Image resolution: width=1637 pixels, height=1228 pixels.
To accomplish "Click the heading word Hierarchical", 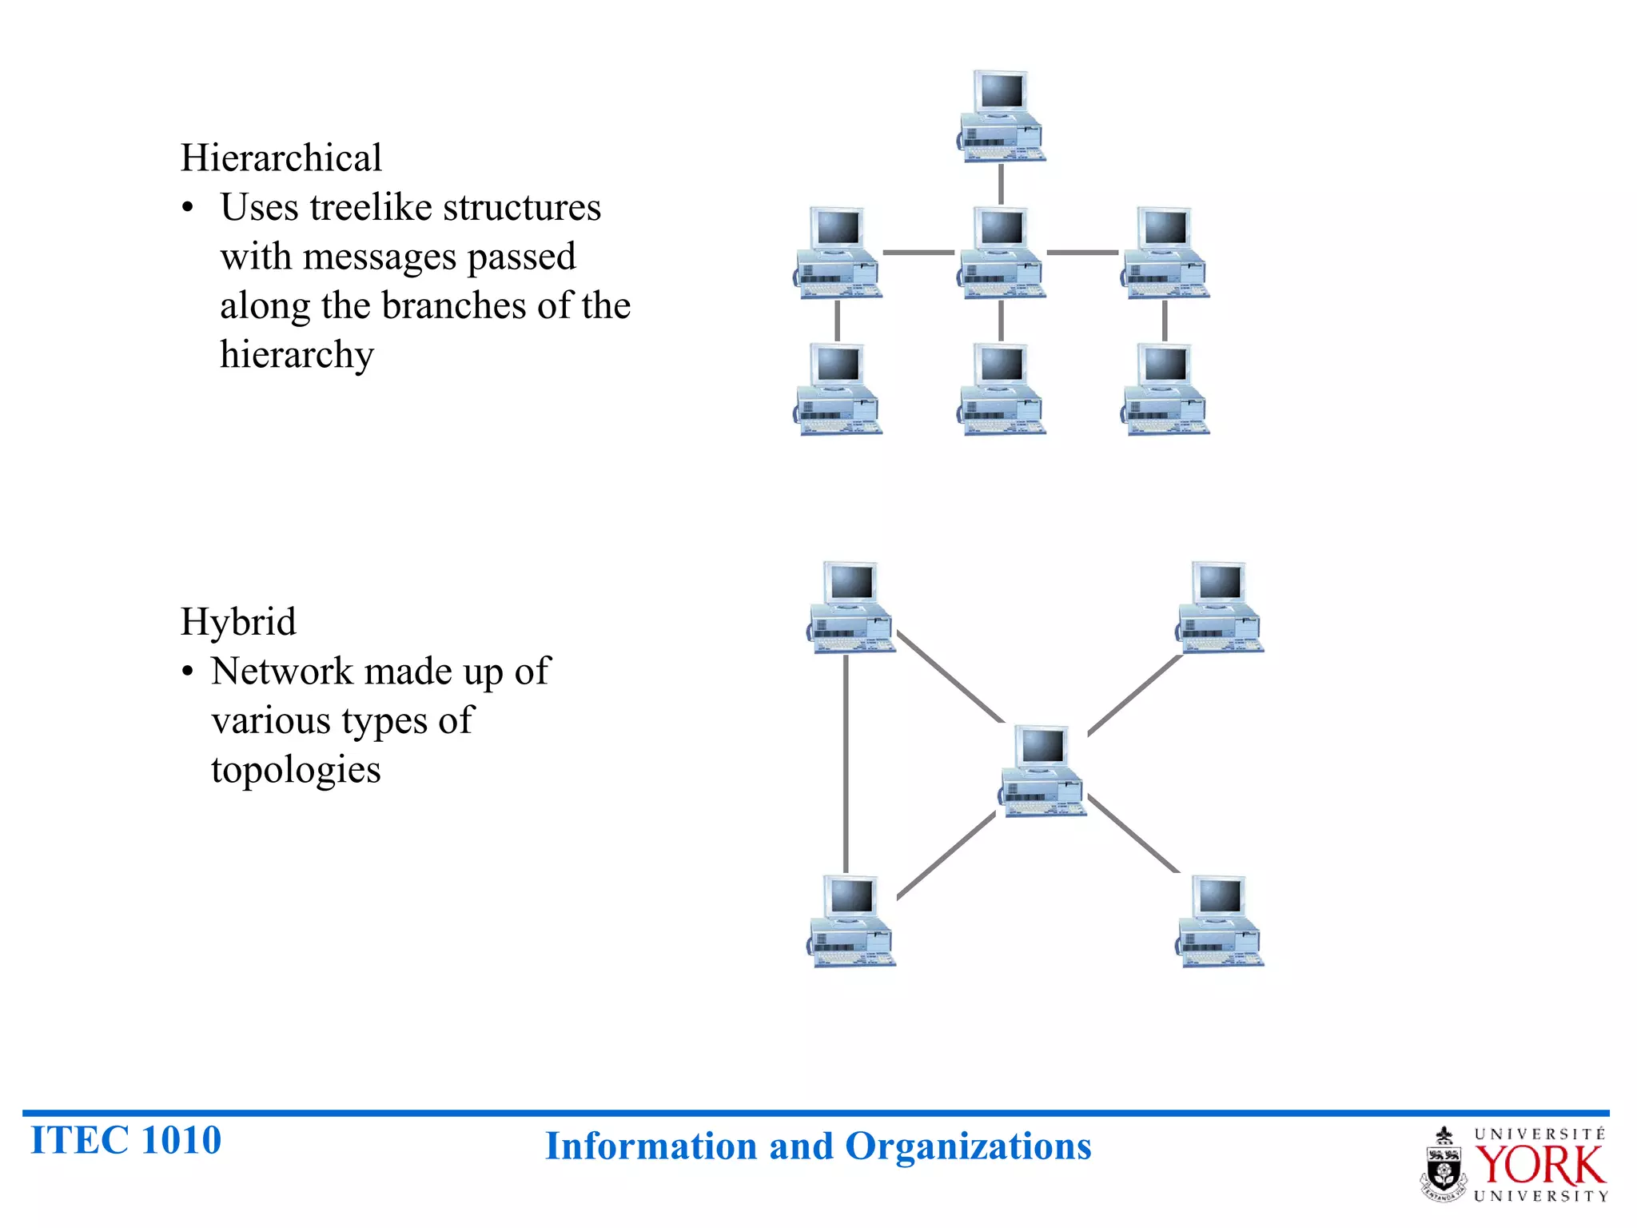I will point(281,158).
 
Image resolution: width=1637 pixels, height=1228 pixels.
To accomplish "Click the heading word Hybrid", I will point(238,622).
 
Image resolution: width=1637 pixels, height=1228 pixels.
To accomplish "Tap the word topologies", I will point(296,770).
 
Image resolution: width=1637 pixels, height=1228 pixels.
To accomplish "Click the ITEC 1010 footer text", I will point(125,1140).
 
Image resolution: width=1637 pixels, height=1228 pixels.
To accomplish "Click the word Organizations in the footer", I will point(968,1146).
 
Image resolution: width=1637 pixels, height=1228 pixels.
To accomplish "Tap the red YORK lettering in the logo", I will point(1539,1166).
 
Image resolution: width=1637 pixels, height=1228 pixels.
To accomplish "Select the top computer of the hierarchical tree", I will point(1002,116).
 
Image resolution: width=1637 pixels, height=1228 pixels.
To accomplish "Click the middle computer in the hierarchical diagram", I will point(1002,253).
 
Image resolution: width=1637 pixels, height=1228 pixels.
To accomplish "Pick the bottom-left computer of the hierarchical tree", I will point(838,389).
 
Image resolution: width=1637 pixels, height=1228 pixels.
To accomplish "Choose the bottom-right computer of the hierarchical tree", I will point(1165,389).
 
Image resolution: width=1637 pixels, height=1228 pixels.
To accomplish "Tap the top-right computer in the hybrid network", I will point(1220,607).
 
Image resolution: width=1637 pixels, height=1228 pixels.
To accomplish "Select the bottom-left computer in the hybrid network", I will point(851,921).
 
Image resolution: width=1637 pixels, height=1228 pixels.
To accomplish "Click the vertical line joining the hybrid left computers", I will point(846,764).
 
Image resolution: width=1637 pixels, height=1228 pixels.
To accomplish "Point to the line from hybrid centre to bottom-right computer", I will point(1133,834).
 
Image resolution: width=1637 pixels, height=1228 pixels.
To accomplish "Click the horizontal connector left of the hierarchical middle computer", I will point(918,253).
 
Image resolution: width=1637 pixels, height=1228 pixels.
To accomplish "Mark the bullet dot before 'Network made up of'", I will point(188,672).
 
